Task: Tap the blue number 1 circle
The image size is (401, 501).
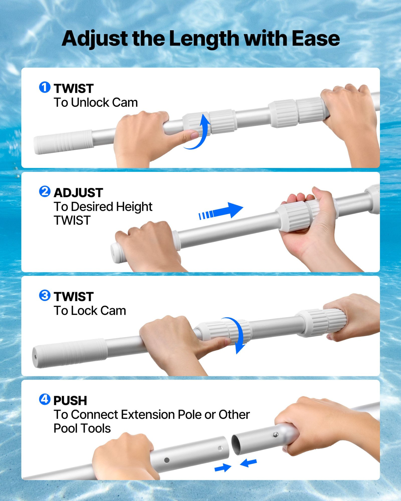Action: (45, 87)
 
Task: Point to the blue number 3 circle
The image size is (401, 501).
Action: (45, 295)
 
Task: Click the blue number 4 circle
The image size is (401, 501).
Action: (45, 399)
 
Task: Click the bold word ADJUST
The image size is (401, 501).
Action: (78, 193)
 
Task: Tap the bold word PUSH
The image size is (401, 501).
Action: (70, 401)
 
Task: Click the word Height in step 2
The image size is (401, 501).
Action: (134, 207)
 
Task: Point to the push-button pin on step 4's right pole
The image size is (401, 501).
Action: (275, 435)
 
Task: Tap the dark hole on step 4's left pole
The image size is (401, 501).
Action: (167, 460)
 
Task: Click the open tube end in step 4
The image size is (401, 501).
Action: (236, 445)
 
